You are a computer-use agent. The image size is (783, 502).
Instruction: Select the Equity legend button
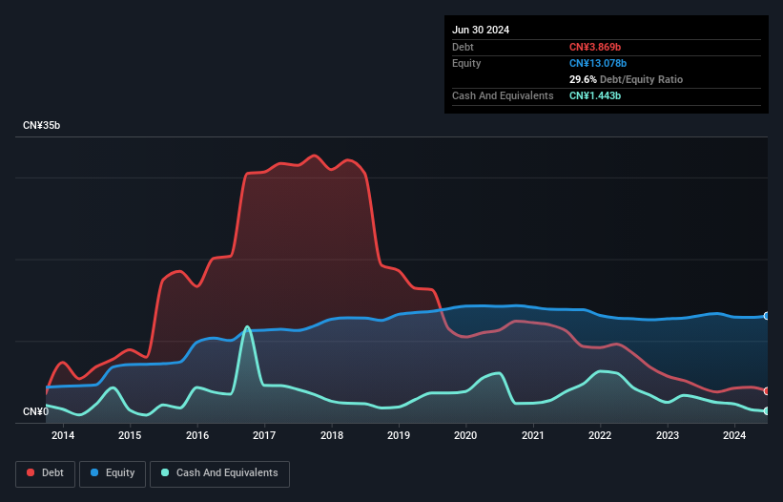pos(113,472)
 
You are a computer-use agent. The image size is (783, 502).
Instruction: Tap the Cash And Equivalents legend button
pos(219,472)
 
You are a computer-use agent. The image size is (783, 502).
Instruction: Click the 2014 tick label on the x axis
pos(63,436)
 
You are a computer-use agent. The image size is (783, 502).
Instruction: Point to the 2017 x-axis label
pos(264,436)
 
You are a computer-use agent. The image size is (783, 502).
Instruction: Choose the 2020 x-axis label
pos(465,436)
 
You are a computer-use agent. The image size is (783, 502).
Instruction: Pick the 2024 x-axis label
pos(734,436)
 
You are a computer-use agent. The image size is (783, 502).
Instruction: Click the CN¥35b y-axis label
pos(42,126)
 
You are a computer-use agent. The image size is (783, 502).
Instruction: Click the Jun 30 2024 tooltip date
pos(481,30)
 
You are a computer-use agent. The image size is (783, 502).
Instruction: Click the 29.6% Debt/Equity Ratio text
pos(626,79)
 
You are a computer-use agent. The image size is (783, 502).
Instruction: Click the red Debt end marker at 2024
pos(767,390)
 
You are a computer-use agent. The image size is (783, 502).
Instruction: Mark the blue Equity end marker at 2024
pos(767,316)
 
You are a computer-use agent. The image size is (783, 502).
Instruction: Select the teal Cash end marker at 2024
pos(767,410)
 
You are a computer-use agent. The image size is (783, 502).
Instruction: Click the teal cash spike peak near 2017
pos(248,327)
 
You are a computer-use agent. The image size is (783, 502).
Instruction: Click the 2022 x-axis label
pos(600,436)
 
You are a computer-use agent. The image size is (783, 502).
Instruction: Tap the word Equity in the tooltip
pos(466,63)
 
